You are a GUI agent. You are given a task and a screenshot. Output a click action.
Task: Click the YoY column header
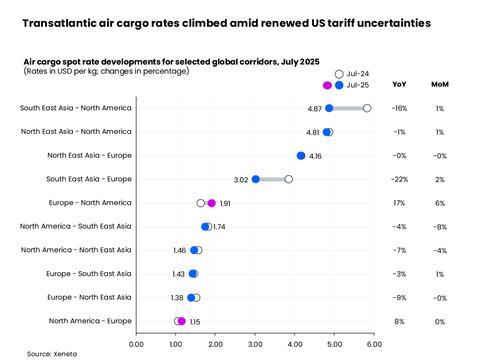pos(400,85)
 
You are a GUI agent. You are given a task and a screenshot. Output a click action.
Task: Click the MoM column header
pos(439,85)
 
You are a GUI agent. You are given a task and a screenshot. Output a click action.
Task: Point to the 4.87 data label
pos(314,108)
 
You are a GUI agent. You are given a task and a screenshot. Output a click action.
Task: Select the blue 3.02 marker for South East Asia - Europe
pos(255,179)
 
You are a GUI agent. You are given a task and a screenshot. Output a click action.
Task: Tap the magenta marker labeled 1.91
pos(211,203)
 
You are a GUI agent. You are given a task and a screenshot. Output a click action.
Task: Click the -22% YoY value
pos(400,179)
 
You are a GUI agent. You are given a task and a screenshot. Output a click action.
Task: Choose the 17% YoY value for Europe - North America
pos(400,203)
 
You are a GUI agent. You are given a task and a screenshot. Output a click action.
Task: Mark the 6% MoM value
pos(440,203)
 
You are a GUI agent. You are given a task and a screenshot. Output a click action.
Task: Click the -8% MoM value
pos(440,227)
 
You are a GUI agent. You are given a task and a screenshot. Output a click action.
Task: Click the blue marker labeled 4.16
pos(301,156)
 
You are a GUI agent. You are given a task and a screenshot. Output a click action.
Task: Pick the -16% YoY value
pos(400,108)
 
